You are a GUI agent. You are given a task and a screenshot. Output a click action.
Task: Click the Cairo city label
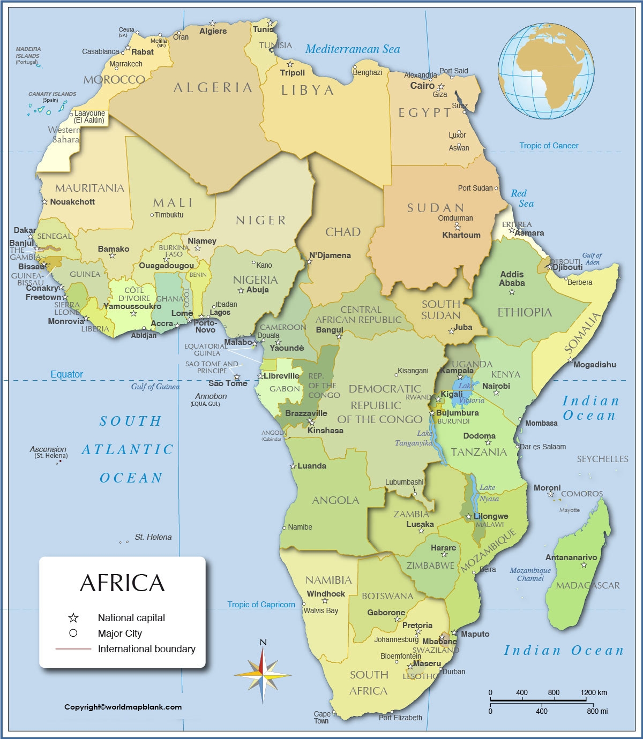[x=422, y=86]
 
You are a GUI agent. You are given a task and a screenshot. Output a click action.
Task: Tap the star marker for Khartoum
[x=457, y=228]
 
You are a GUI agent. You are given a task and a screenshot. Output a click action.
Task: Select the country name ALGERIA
[x=213, y=88]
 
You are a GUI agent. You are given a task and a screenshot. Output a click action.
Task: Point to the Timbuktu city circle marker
[x=152, y=215]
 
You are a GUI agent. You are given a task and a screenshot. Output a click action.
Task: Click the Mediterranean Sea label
[x=353, y=49]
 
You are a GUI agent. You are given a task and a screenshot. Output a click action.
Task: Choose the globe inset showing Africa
[x=546, y=71]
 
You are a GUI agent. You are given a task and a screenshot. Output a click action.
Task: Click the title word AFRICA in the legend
[x=122, y=583]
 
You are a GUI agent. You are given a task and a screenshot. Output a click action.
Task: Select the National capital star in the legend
[x=73, y=618]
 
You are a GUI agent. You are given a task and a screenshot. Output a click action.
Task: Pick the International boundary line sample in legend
[x=73, y=649]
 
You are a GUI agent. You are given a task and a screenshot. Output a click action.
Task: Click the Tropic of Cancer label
[x=549, y=146]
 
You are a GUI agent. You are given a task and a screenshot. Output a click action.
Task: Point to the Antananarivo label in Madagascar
[x=571, y=557]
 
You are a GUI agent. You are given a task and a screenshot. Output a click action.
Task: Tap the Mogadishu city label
[x=595, y=365]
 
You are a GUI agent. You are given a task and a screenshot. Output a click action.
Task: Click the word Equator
[x=67, y=374]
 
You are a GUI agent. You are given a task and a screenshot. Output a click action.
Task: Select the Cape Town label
[x=322, y=717]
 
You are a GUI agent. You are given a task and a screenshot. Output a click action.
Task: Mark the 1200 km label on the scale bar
[x=593, y=692]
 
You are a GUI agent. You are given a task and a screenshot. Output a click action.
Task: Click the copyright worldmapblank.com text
[x=123, y=707]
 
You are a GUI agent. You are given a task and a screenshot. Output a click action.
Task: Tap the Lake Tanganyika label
[x=413, y=438]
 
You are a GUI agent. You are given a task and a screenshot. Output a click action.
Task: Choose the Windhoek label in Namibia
[x=326, y=593]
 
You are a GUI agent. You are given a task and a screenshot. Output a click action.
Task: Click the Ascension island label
[x=48, y=449]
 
